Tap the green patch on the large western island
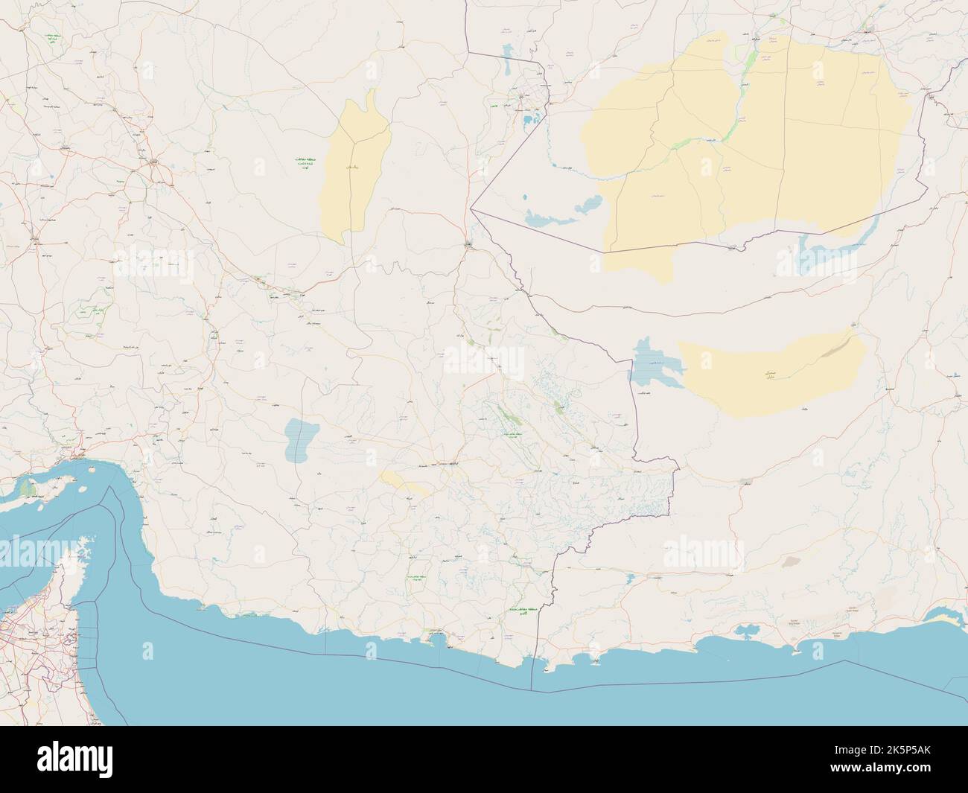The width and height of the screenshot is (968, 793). (x=28, y=488)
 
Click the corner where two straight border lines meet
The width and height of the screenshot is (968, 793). (x=472, y=211)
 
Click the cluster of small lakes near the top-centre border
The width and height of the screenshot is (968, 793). (x=531, y=112)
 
